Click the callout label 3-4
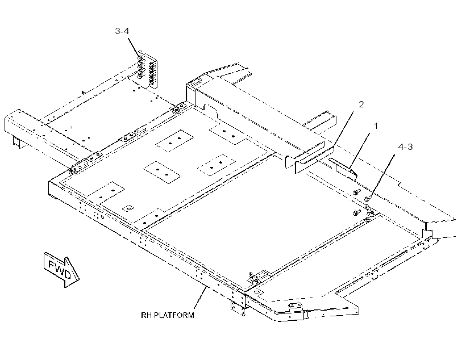122,31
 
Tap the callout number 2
361,104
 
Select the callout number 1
376,126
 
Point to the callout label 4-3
405,146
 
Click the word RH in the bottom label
146,315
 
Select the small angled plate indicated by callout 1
343,169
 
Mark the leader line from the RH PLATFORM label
200,298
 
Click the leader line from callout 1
360,149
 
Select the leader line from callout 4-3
382,175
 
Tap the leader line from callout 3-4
134,47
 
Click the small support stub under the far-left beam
16,143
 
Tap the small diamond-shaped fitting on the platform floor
128,208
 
